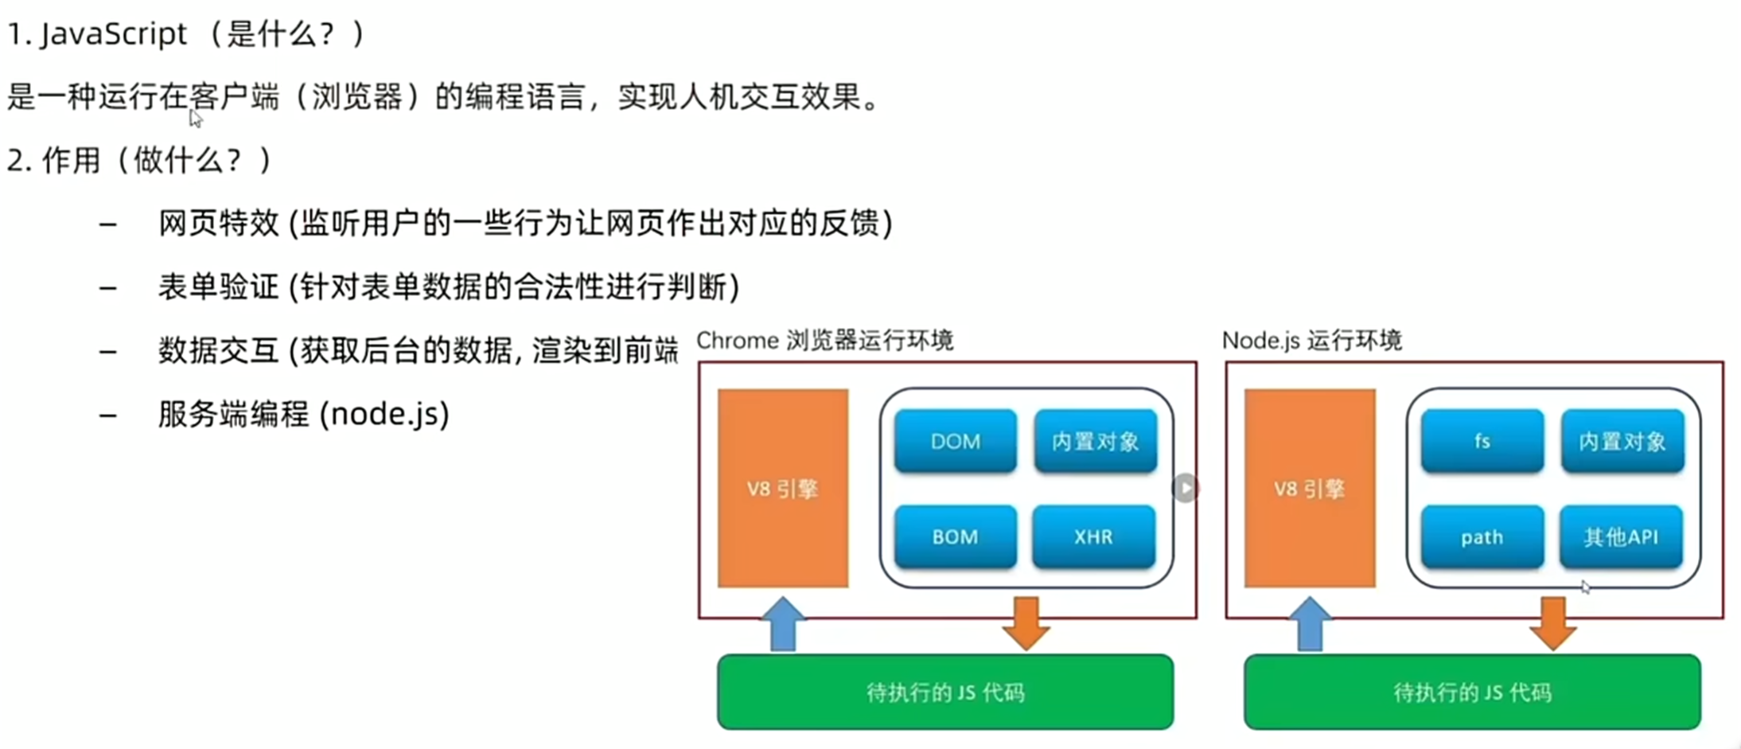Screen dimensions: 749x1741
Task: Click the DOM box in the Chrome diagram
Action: coord(955,441)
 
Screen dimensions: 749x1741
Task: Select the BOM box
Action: coord(955,536)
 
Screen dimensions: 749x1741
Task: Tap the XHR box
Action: coord(1093,536)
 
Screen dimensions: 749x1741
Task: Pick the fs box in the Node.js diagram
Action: coord(1482,441)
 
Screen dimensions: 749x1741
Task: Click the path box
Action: coord(1482,537)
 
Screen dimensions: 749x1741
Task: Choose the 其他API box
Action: coord(1621,537)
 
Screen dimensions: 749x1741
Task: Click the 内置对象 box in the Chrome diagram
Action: coord(1095,441)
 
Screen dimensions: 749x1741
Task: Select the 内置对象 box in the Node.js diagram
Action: coord(1622,441)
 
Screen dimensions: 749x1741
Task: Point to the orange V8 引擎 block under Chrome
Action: coord(783,488)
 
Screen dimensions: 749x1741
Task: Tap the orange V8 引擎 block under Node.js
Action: coord(1310,488)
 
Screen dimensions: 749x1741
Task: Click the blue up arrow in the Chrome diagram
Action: coord(784,625)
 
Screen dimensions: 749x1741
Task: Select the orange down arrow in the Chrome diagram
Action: coord(1026,623)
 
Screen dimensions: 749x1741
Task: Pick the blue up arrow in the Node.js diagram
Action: coord(1310,625)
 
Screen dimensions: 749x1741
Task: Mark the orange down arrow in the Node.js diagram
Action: coord(1552,623)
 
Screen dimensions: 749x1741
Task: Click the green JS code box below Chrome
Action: coord(945,692)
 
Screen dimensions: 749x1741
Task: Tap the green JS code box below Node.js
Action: coord(1472,692)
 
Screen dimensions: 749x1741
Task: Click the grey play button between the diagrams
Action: coord(1186,488)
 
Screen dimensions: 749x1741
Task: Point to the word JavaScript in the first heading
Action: coord(113,34)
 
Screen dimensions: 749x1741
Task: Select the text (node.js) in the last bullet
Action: coord(384,414)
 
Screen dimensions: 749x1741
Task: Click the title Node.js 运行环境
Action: coord(1311,341)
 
